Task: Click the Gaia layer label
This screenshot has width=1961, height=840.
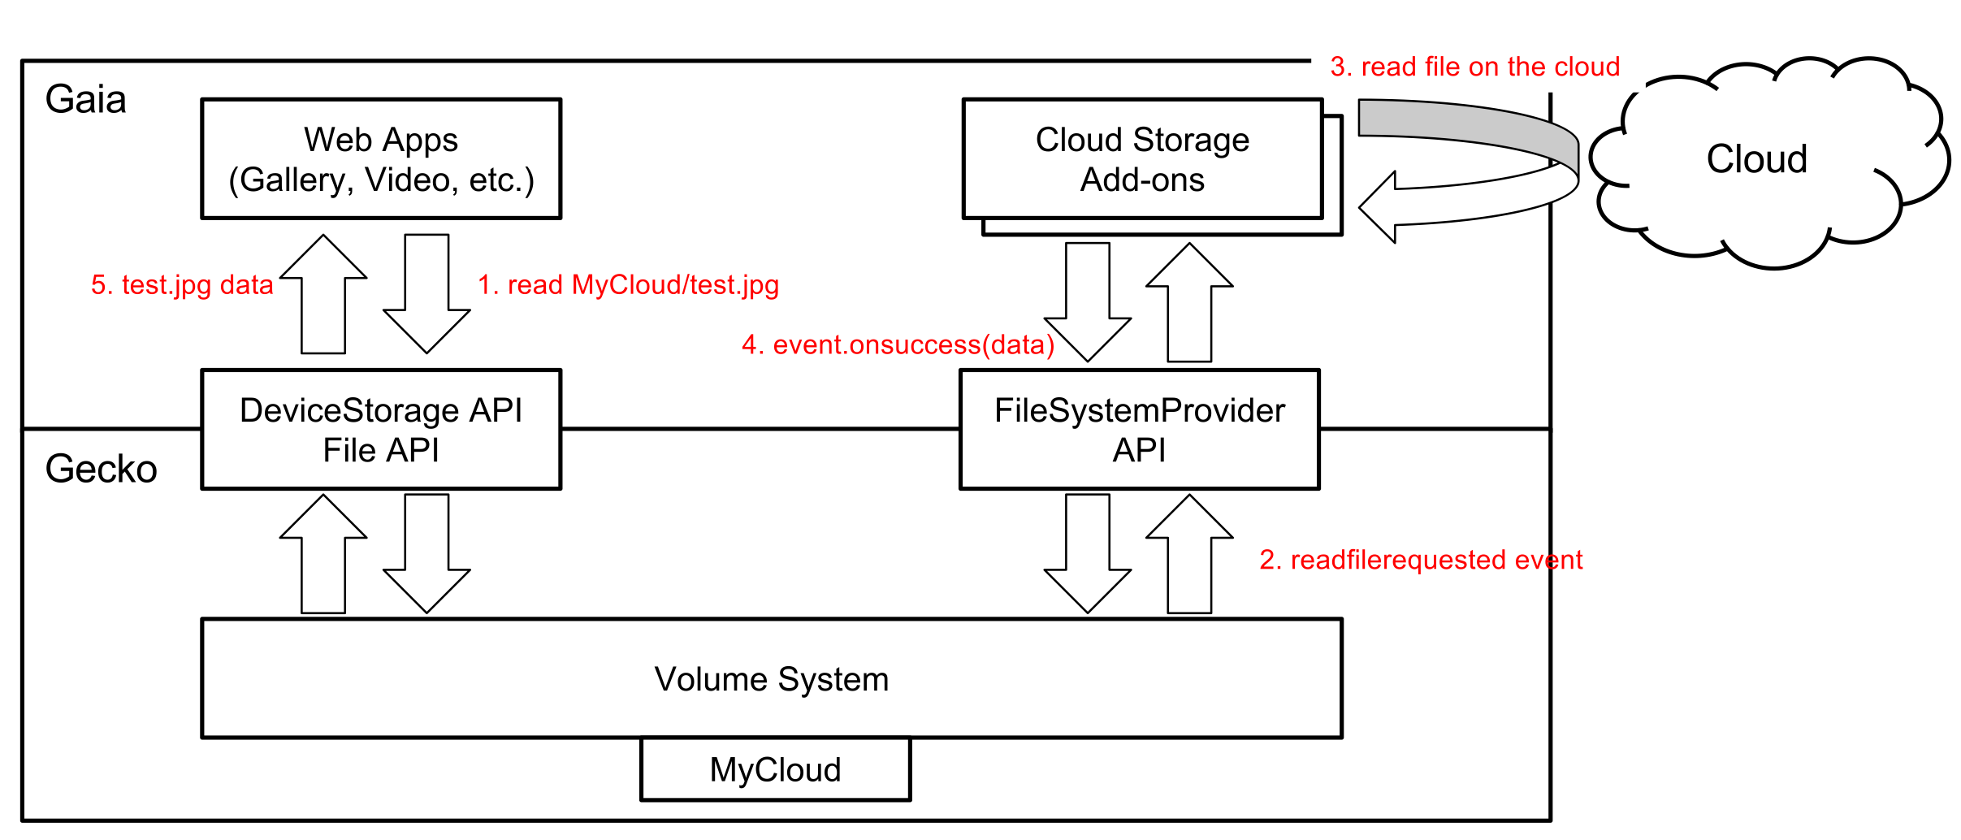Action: tap(85, 100)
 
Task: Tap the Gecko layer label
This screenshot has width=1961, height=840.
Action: tap(101, 469)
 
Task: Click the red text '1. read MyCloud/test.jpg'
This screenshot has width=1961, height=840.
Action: tap(628, 285)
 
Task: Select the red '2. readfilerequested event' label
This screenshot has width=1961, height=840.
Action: tap(1421, 560)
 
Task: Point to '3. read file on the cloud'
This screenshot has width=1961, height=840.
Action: tap(1475, 67)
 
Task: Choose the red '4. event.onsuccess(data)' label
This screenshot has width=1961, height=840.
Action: tap(898, 345)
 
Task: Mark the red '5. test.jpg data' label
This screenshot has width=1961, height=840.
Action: tap(182, 285)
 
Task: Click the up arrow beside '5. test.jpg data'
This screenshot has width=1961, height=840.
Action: tap(323, 294)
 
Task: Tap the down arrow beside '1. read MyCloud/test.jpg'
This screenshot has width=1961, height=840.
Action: tap(426, 294)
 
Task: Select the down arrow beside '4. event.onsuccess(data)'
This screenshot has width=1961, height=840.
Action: tap(1088, 302)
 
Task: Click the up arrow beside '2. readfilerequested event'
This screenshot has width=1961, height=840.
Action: tap(1189, 554)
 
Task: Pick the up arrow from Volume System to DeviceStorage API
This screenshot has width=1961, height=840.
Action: tap(323, 554)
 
